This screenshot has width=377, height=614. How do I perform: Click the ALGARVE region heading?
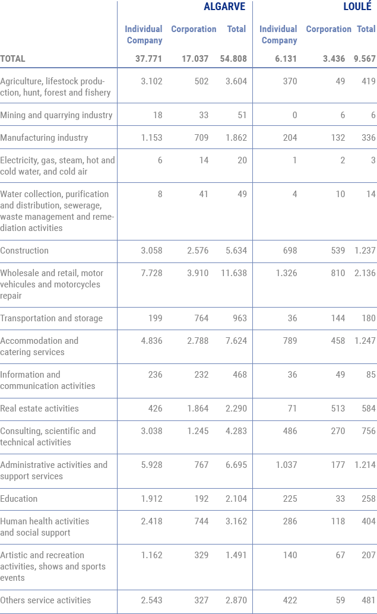tap(224, 7)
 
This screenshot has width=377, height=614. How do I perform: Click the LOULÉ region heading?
tap(357, 7)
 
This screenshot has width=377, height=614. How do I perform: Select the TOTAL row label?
tap(12, 59)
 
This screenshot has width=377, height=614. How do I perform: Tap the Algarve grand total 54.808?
tap(233, 59)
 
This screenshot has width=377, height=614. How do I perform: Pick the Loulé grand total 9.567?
tap(365, 59)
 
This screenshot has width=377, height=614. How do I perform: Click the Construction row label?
tap(24, 251)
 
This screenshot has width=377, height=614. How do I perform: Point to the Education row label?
tap(19, 499)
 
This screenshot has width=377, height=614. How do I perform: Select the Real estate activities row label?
tap(39, 409)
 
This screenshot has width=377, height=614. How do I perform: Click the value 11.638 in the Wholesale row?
tap(234, 273)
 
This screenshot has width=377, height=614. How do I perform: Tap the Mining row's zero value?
tap(295, 115)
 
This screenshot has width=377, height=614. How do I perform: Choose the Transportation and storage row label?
tap(51, 318)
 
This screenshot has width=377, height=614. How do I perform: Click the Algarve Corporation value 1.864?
tap(198, 409)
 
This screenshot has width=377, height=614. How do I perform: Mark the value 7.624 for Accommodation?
tap(236, 341)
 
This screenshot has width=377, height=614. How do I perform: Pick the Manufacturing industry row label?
tap(44, 138)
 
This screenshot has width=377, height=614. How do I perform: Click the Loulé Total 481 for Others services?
tap(368, 600)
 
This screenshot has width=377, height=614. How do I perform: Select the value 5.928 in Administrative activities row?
tap(151, 465)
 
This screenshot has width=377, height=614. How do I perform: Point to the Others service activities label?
tap(45, 600)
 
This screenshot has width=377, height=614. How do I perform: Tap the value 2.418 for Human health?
tap(151, 521)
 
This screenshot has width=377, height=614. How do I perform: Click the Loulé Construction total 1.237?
tap(365, 251)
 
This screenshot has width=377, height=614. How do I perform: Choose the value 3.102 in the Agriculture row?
tap(151, 81)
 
